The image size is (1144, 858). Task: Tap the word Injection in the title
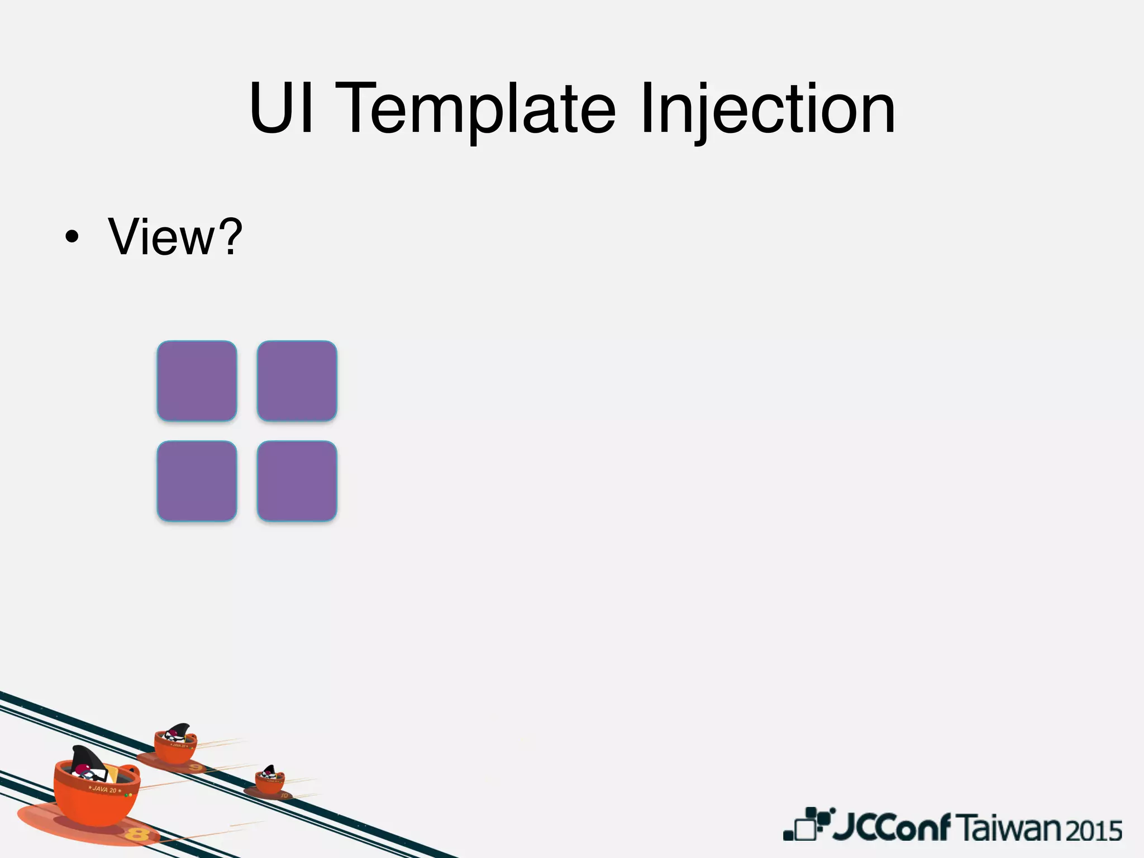(x=768, y=109)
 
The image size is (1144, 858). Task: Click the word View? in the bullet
(x=175, y=237)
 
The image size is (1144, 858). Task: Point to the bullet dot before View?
(x=71, y=238)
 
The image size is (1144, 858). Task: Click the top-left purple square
(x=197, y=381)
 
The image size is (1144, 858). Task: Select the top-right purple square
(x=297, y=381)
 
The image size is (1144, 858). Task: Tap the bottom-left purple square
(x=197, y=481)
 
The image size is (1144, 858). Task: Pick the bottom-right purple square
(x=297, y=481)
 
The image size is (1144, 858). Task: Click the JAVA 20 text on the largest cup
(x=104, y=789)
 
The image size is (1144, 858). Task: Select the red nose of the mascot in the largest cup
(x=83, y=770)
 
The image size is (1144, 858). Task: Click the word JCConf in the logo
(x=891, y=827)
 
